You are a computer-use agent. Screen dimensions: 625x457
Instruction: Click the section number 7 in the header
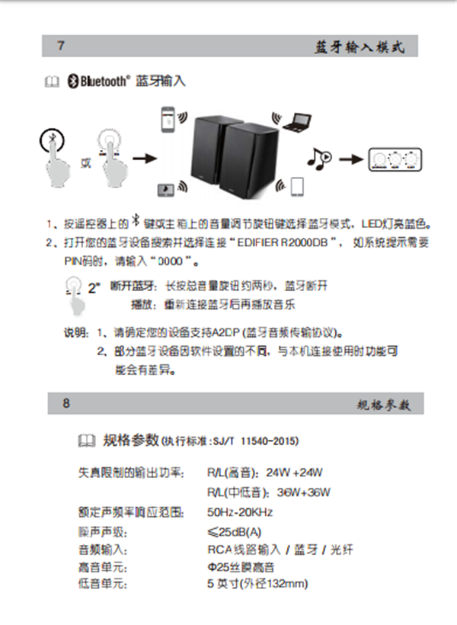(61, 46)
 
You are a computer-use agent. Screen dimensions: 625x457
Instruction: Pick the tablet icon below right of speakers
(297, 186)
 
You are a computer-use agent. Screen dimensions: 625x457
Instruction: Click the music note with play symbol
(318, 158)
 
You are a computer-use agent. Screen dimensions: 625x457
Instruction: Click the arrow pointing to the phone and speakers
(144, 159)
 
